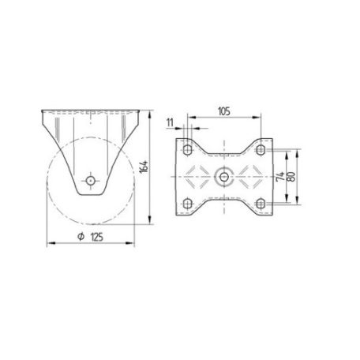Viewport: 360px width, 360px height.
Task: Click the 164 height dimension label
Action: pyautogui.click(x=144, y=167)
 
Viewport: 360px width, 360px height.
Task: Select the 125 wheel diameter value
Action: pyautogui.click(x=97, y=237)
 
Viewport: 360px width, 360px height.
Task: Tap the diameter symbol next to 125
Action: pyautogui.click(x=81, y=237)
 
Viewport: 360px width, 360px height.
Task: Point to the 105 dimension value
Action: pyautogui.click(x=224, y=111)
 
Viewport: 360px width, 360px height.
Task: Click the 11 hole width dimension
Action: pyautogui.click(x=171, y=122)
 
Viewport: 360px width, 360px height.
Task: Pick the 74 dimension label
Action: pyautogui.click(x=280, y=177)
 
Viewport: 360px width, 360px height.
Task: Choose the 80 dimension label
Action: pyautogui.click(x=291, y=177)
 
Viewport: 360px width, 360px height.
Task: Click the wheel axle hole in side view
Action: pyautogui.click(x=91, y=181)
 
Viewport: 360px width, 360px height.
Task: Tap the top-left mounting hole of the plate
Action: pyautogui.click(x=188, y=150)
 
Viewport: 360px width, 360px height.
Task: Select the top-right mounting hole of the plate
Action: pyautogui.click(x=261, y=150)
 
